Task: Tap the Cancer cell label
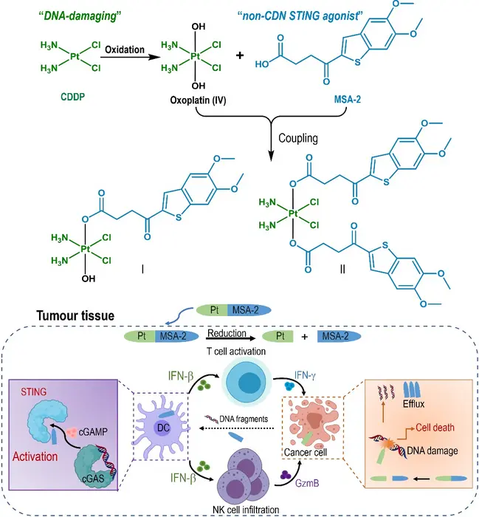coord(306,451)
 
